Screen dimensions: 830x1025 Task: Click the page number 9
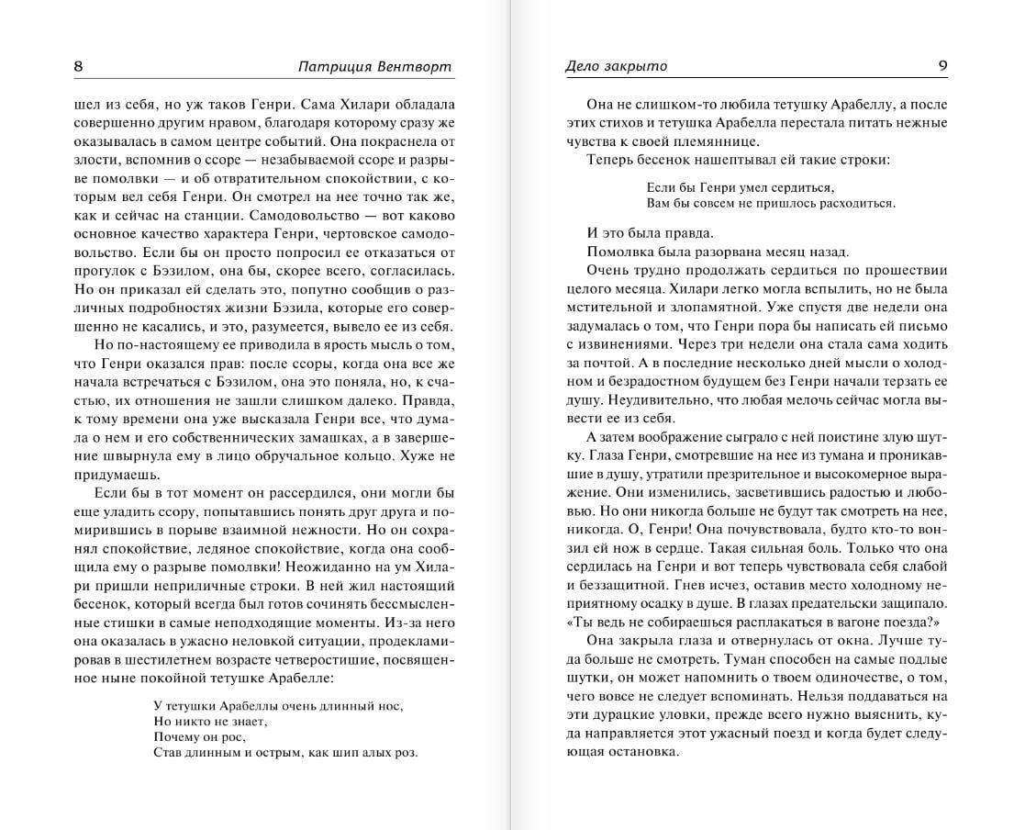(942, 66)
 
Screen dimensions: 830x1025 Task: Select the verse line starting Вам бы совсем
(757, 203)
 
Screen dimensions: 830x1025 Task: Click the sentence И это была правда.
(649, 233)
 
